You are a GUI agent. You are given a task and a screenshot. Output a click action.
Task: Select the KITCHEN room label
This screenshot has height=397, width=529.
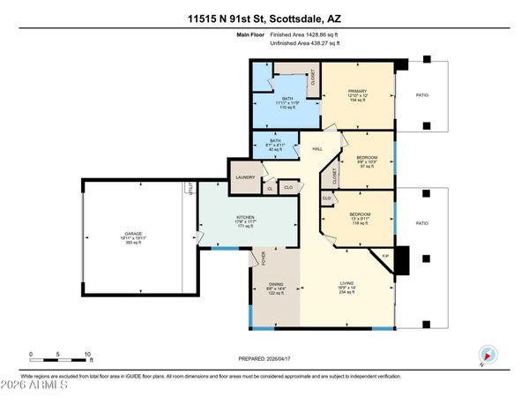pyautogui.click(x=245, y=217)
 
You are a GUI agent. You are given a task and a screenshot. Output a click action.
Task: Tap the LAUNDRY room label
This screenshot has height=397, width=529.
pyautogui.click(x=245, y=177)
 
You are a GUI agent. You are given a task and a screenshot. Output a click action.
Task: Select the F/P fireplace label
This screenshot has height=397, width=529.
pyautogui.click(x=384, y=256)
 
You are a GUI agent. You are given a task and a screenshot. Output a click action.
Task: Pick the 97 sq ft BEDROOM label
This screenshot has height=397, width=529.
pyautogui.click(x=364, y=161)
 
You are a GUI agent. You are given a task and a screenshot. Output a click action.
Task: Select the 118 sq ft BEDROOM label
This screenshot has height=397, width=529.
pyautogui.click(x=359, y=214)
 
